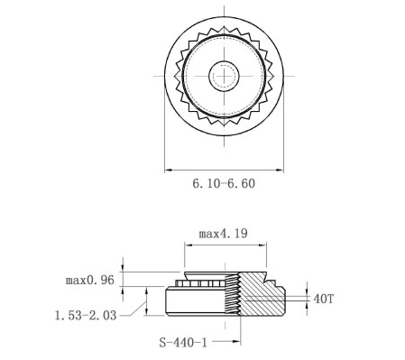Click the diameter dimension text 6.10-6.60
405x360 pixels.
(224, 183)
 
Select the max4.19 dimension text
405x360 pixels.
(224, 233)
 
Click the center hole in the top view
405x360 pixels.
(224, 76)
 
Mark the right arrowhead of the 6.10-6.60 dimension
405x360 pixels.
(280, 168)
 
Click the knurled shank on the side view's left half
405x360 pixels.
(198, 283)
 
